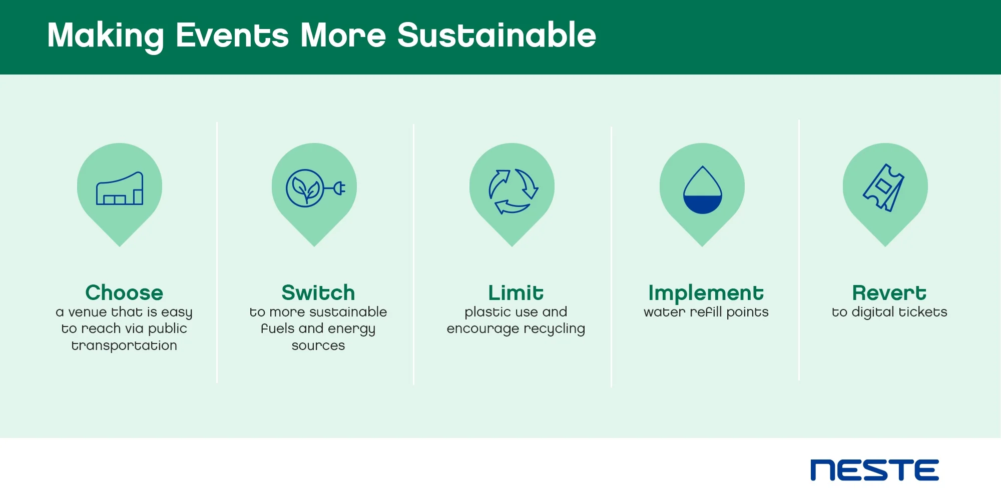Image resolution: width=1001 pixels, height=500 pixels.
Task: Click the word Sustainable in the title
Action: [496, 35]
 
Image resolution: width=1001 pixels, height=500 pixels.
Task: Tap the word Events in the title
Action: [232, 35]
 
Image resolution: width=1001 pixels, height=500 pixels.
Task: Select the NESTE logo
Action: [874, 470]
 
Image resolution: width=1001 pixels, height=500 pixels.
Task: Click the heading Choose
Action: [124, 292]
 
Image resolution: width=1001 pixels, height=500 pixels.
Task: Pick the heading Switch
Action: [318, 292]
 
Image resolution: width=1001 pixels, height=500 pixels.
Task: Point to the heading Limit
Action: [516, 292]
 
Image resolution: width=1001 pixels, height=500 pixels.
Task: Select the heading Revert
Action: [889, 292]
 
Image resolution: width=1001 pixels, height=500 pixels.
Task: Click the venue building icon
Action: [120, 188]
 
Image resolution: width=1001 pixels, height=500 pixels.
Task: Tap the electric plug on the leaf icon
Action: [337, 188]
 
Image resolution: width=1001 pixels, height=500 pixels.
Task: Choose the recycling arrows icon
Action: [513, 191]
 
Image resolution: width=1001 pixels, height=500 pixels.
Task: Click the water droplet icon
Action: [703, 190]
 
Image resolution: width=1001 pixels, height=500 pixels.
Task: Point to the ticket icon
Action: [884, 187]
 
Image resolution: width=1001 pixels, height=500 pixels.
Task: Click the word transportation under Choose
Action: [124, 345]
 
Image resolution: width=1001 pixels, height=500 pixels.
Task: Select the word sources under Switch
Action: [318, 346]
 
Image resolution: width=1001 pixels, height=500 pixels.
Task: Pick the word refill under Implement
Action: [706, 312]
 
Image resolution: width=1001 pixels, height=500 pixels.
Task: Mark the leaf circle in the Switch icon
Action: [305, 188]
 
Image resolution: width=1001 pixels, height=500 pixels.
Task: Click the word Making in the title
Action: [106, 36]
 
